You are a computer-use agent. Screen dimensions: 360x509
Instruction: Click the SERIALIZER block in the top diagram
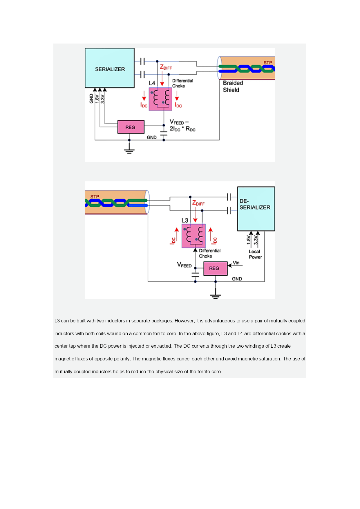(110, 68)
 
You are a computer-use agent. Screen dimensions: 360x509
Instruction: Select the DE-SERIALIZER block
(256, 209)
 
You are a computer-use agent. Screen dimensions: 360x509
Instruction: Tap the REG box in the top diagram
(131, 127)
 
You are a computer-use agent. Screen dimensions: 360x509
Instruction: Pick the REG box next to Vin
(216, 268)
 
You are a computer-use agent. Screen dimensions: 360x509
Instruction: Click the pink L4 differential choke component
(160, 99)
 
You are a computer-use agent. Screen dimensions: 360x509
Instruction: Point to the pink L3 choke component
(194, 236)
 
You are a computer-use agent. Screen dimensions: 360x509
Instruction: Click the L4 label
(152, 83)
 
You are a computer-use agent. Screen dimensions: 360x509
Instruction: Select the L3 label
(185, 221)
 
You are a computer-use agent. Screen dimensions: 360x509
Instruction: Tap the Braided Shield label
(233, 86)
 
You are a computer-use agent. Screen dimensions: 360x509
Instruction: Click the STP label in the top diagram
(268, 63)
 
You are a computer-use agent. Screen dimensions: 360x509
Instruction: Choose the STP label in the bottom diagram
(95, 197)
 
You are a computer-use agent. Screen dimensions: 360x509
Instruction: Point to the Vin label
(236, 263)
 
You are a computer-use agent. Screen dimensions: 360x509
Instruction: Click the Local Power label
(255, 254)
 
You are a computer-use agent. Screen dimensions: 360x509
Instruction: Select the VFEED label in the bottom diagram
(184, 265)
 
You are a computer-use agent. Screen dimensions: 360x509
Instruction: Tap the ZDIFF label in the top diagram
(166, 67)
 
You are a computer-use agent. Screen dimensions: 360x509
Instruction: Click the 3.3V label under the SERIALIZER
(103, 99)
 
